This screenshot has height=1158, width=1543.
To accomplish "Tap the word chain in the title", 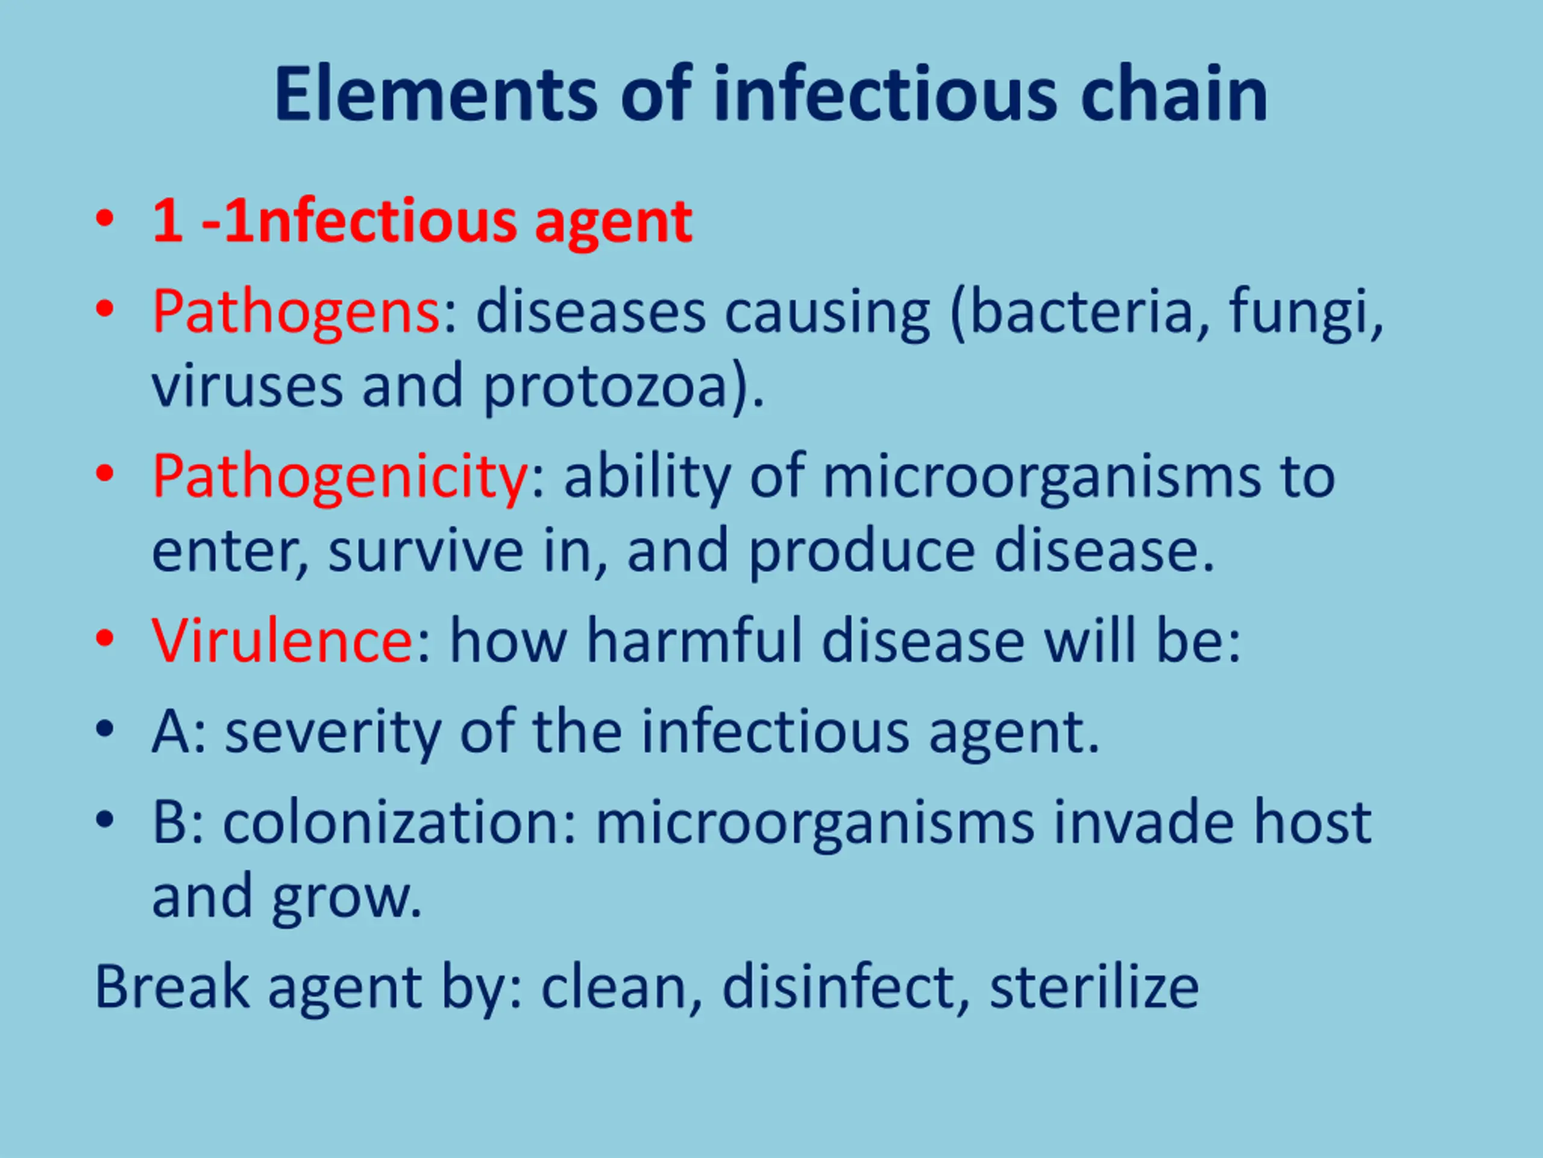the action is (x=1174, y=93).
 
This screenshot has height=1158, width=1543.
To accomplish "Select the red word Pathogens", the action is (x=296, y=312).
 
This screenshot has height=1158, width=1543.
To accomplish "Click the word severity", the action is (x=333, y=733).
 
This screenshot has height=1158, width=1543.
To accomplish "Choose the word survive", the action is (x=426, y=551).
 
